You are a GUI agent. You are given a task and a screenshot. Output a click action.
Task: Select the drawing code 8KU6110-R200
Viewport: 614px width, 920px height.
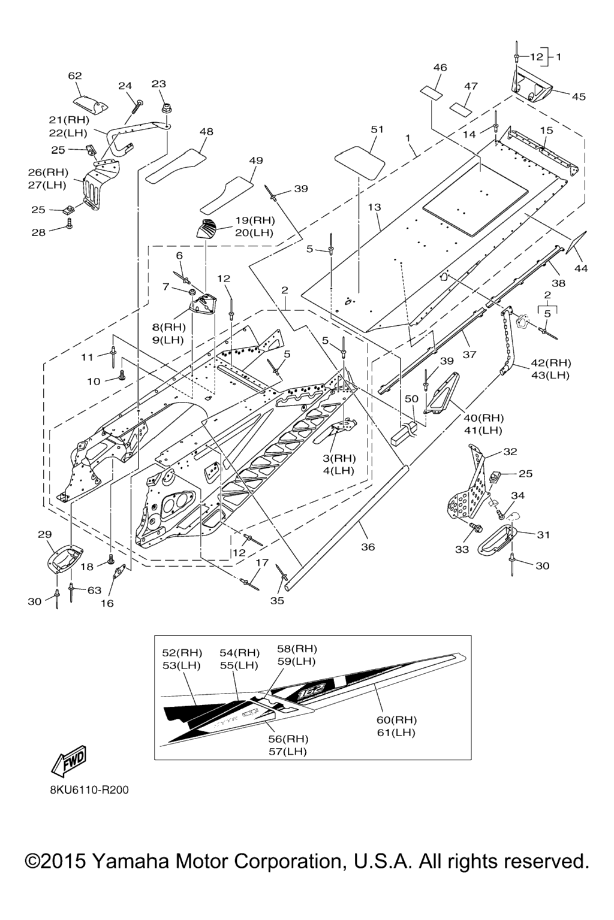(x=89, y=790)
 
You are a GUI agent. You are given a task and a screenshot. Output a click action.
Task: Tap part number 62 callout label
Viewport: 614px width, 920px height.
(x=75, y=76)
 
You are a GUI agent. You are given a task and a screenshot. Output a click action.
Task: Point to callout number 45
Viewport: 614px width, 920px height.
(x=578, y=96)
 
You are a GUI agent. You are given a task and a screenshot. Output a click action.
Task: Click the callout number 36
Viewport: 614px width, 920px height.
(x=368, y=546)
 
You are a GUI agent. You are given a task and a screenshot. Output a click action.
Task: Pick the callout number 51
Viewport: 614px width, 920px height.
(x=377, y=129)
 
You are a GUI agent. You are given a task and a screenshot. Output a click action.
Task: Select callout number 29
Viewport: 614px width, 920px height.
(x=45, y=534)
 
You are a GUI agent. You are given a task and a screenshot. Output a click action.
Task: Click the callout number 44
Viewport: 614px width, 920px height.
(x=581, y=268)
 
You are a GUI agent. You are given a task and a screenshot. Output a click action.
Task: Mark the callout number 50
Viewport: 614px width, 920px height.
(x=411, y=398)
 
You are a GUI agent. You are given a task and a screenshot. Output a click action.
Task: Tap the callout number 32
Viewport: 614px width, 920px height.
(x=510, y=452)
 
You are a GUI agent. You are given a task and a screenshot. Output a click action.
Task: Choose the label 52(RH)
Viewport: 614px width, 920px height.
(x=182, y=652)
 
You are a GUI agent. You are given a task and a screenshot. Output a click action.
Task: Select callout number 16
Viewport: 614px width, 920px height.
(x=107, y=603)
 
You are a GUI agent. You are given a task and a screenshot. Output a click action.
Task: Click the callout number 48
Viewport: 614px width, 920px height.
(x=206, y=131)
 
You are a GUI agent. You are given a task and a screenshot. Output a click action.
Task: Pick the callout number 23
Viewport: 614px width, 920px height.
(x=158, y=84)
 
